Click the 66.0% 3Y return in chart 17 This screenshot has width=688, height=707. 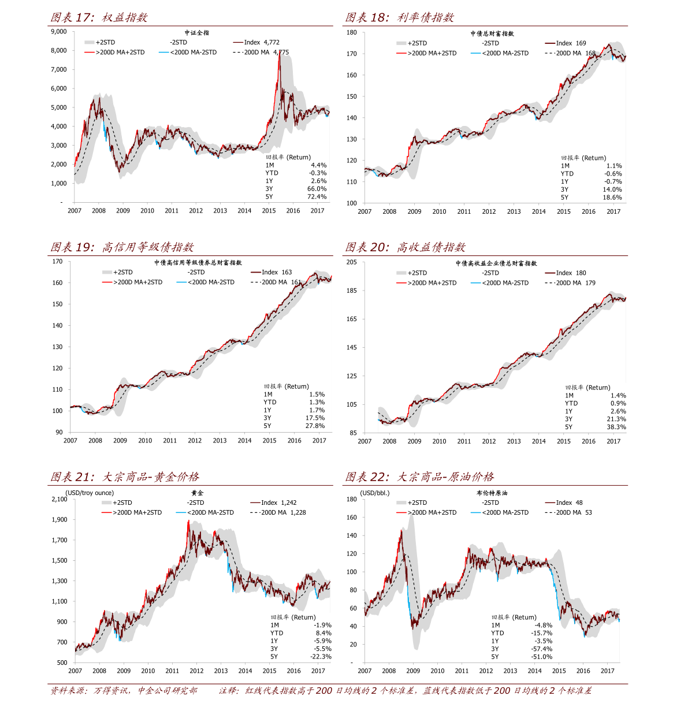pos(317,189)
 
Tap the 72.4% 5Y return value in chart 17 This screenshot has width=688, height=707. pos(317,197)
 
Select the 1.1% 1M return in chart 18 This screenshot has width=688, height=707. pos(614,166)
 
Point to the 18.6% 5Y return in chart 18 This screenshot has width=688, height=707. pos(612,198)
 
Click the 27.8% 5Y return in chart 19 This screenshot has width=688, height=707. pos(315,426)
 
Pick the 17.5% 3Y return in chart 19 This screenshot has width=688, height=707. pos(315,418)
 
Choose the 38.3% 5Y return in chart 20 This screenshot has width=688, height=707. pos(616,427)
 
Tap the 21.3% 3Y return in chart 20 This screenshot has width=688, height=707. pos(616,419)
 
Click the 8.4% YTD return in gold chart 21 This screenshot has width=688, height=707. pos(323,633)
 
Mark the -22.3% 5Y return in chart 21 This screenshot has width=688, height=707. pos(321,657)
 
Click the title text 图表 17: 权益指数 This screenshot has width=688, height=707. pos(99,18)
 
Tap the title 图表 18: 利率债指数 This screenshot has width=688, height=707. pos(399,18)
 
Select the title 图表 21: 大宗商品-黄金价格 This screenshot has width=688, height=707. pos(125,477)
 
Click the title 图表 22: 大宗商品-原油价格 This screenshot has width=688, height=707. pos(419,477)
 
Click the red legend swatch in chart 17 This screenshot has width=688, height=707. pos(89,53)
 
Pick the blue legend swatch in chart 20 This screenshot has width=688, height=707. pos(475,283)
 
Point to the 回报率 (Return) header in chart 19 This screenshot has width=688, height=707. pos(287,386)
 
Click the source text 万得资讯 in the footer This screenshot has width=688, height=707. pos(111,691)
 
